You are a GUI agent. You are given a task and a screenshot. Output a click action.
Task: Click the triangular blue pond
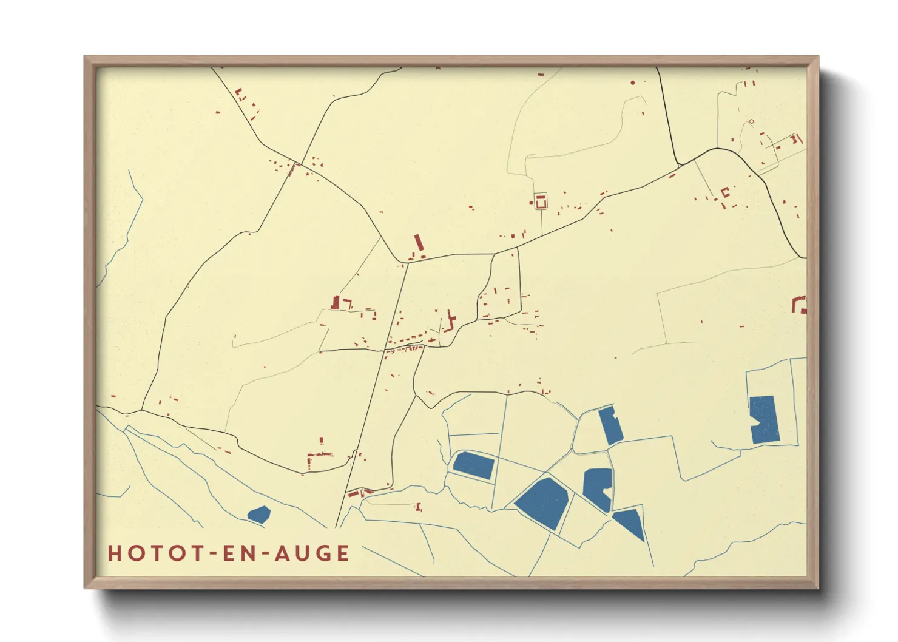tap(630, 522)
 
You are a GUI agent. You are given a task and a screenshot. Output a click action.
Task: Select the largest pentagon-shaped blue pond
tap(542, 502)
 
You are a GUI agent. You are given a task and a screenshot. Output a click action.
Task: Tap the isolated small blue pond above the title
tap(258, 515)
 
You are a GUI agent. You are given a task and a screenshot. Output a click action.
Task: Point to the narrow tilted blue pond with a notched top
tap(611, 425)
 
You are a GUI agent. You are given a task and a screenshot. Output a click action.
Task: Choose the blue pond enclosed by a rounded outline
tap(473, 465)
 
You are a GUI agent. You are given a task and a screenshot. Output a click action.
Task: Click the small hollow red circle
tap(751, 121)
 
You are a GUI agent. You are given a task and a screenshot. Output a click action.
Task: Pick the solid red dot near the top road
tap(632, 82)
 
